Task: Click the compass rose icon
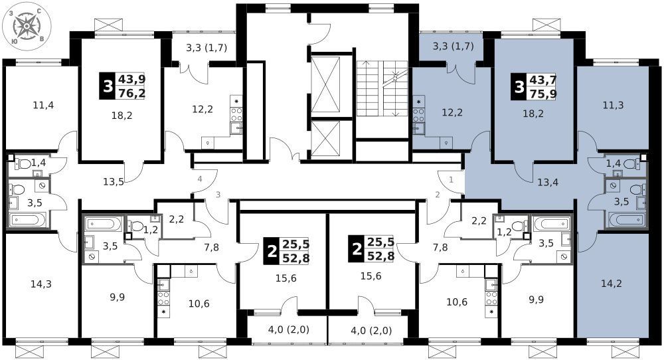(27, 27)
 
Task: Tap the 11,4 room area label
(43, 105)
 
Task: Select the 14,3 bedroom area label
(41, 284)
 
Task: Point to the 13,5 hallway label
(114, 182)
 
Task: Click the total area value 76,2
(131, 93)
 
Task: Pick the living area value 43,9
(131, 79)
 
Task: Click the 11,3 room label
(613, 105)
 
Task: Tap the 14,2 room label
(612, 284)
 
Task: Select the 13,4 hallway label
(548, 183)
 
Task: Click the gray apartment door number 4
(200, 179)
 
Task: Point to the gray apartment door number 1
(451, 179)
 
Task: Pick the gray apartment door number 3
(218, 195)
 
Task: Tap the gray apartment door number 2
(438, 195)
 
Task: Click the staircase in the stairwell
(382, 88)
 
